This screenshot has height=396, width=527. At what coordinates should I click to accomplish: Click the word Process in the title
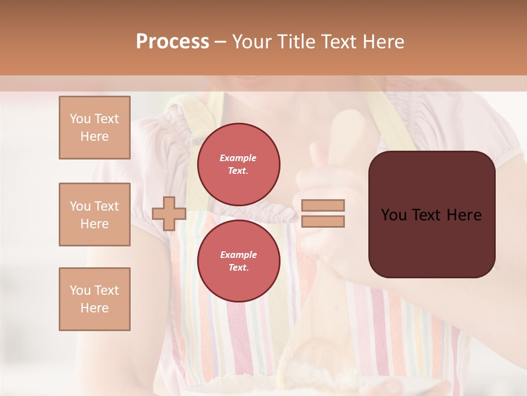click(172, 42)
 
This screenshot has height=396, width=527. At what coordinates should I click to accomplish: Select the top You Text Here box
click(94, 128)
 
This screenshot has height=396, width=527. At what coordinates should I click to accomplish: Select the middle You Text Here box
click(94, 215)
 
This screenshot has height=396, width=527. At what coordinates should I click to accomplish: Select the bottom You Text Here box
click(94, 299)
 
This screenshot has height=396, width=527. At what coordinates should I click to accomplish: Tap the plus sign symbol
click(169, 213)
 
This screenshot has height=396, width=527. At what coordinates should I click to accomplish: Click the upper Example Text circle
click(238, 164)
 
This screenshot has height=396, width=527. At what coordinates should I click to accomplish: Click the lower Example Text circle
click(238, 261)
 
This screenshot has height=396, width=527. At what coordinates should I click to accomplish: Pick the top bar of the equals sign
click(323, 205)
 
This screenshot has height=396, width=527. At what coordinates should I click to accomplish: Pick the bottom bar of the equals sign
click(323, 221)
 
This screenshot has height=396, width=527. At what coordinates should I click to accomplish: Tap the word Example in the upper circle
click(238, 158)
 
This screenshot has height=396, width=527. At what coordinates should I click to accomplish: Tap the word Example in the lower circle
click(238, 255)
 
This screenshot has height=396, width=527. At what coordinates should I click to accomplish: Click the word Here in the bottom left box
click(94, 308)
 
